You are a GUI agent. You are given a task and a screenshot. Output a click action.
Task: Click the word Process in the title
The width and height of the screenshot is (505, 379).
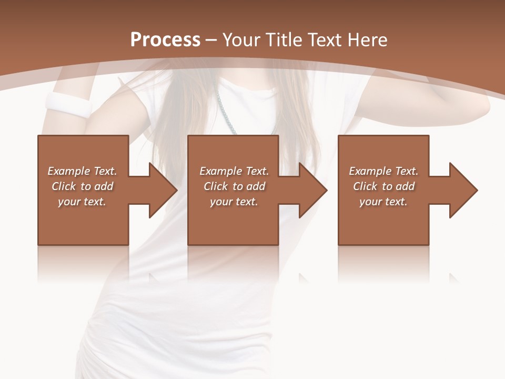(165, 40)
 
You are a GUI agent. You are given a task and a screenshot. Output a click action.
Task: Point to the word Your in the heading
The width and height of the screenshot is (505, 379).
(241, 40)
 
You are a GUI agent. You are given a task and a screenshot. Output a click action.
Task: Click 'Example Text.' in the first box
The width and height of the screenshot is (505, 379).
(82, 171)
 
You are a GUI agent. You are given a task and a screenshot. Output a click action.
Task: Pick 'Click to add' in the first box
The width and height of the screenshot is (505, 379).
(82, 186)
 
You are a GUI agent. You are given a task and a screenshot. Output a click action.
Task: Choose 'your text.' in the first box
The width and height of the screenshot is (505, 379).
(82, 202)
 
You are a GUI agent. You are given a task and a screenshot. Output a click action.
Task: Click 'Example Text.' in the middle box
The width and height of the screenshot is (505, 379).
(234, 171)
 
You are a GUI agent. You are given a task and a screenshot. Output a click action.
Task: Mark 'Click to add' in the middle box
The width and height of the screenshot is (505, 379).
(234, 186)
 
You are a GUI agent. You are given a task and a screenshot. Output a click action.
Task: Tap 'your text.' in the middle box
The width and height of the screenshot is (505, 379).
(234, 202)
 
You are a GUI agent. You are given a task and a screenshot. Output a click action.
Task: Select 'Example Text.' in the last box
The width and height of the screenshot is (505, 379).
(383, 171)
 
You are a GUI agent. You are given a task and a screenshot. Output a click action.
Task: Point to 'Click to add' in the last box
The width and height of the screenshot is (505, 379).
(383, 186)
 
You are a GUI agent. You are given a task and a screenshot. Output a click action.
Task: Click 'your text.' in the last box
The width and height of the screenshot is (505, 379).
(383, 202)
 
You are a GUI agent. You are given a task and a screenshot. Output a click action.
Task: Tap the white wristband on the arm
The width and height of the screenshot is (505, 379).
(68, 104)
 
